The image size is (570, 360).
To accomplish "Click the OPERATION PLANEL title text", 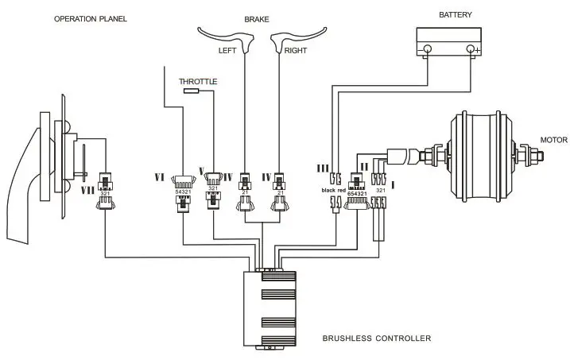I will point(91,18).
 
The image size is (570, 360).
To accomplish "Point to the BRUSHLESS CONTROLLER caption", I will point(377,339).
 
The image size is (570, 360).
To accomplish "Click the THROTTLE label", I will point(198,82).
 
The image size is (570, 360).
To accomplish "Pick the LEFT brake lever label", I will point(229,50).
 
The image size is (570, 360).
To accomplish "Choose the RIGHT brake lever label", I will point(296,50).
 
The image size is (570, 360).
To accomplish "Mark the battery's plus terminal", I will point(472,50).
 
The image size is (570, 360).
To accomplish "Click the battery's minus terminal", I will point(427,50).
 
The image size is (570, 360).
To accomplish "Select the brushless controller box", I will point(270,309).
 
